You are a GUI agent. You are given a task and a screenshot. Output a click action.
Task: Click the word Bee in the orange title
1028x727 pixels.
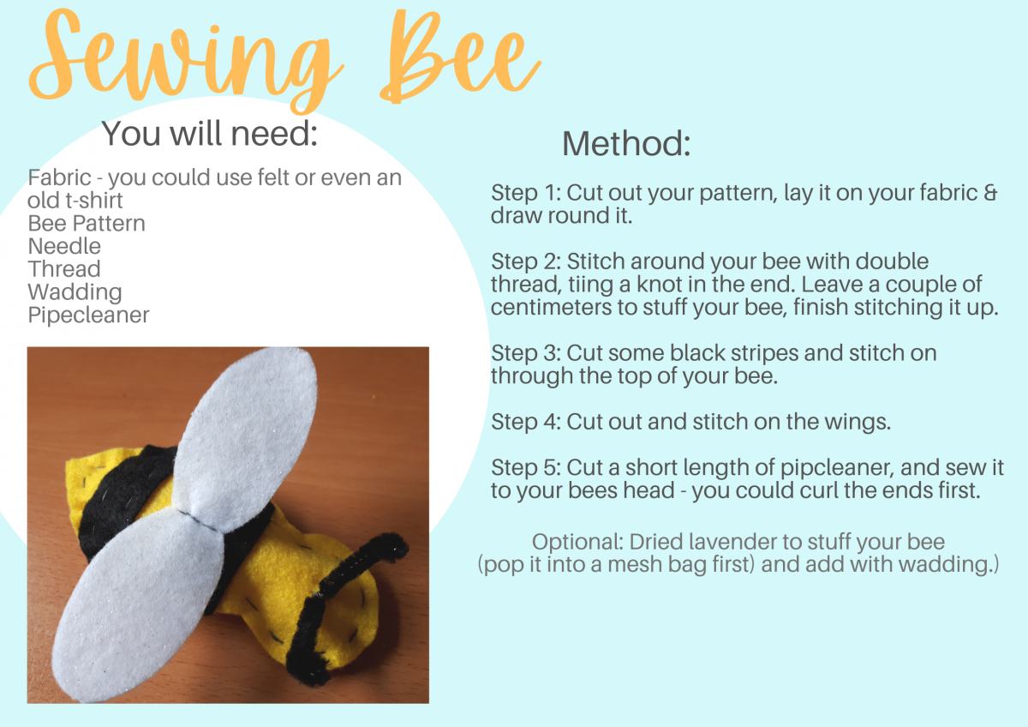tap(460, 57)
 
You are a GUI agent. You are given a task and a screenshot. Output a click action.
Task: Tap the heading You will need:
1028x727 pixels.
tap(210, 133)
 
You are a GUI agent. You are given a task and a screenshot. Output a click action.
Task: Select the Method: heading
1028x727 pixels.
tap(626, 143)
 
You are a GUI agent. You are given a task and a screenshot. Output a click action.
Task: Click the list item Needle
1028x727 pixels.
tap(64, 246)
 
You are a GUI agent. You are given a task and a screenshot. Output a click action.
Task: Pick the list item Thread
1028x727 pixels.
tap(64, 268)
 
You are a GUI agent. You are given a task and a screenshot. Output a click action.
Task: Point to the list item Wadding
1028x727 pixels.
tap(75, 292)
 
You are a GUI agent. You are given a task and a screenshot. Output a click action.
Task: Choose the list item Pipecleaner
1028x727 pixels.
tap(88, 315)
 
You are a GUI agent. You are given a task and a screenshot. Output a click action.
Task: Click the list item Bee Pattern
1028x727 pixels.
tap(87, 223)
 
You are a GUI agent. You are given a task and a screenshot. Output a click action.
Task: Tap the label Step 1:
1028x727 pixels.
tap(526, 193)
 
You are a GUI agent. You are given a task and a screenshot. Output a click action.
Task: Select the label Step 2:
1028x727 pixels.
tap(526, 261)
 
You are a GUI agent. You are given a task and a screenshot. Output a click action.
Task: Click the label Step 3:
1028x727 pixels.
tap(526, 353)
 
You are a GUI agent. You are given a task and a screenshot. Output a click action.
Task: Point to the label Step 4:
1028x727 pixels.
tap(526, 422)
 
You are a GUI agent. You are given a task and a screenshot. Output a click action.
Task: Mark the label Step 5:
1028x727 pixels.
tap(526, 468)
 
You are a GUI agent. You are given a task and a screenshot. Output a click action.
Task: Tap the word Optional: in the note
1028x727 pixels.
tap(577, 543)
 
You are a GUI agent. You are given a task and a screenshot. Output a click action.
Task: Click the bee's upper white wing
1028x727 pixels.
tap(246, 436)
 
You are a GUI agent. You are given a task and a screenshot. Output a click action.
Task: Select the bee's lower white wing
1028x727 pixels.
tap(138, 606)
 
